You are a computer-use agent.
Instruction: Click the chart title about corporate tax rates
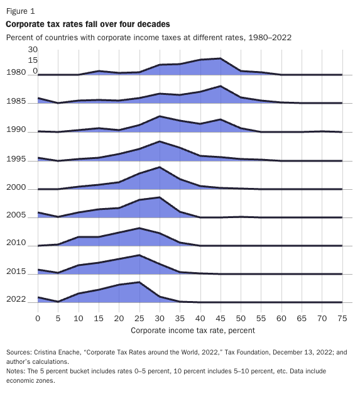tap(87, 24)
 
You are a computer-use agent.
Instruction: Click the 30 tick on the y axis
tap(33, 50)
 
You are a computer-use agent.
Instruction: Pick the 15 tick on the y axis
tap(33, 60)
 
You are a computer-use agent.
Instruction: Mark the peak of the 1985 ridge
tap(220, 86)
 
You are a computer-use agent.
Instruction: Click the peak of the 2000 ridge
tap(160, 167)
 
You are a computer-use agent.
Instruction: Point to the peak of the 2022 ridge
tap(139, 282)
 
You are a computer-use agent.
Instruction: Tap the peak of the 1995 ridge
tap(160, 141)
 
